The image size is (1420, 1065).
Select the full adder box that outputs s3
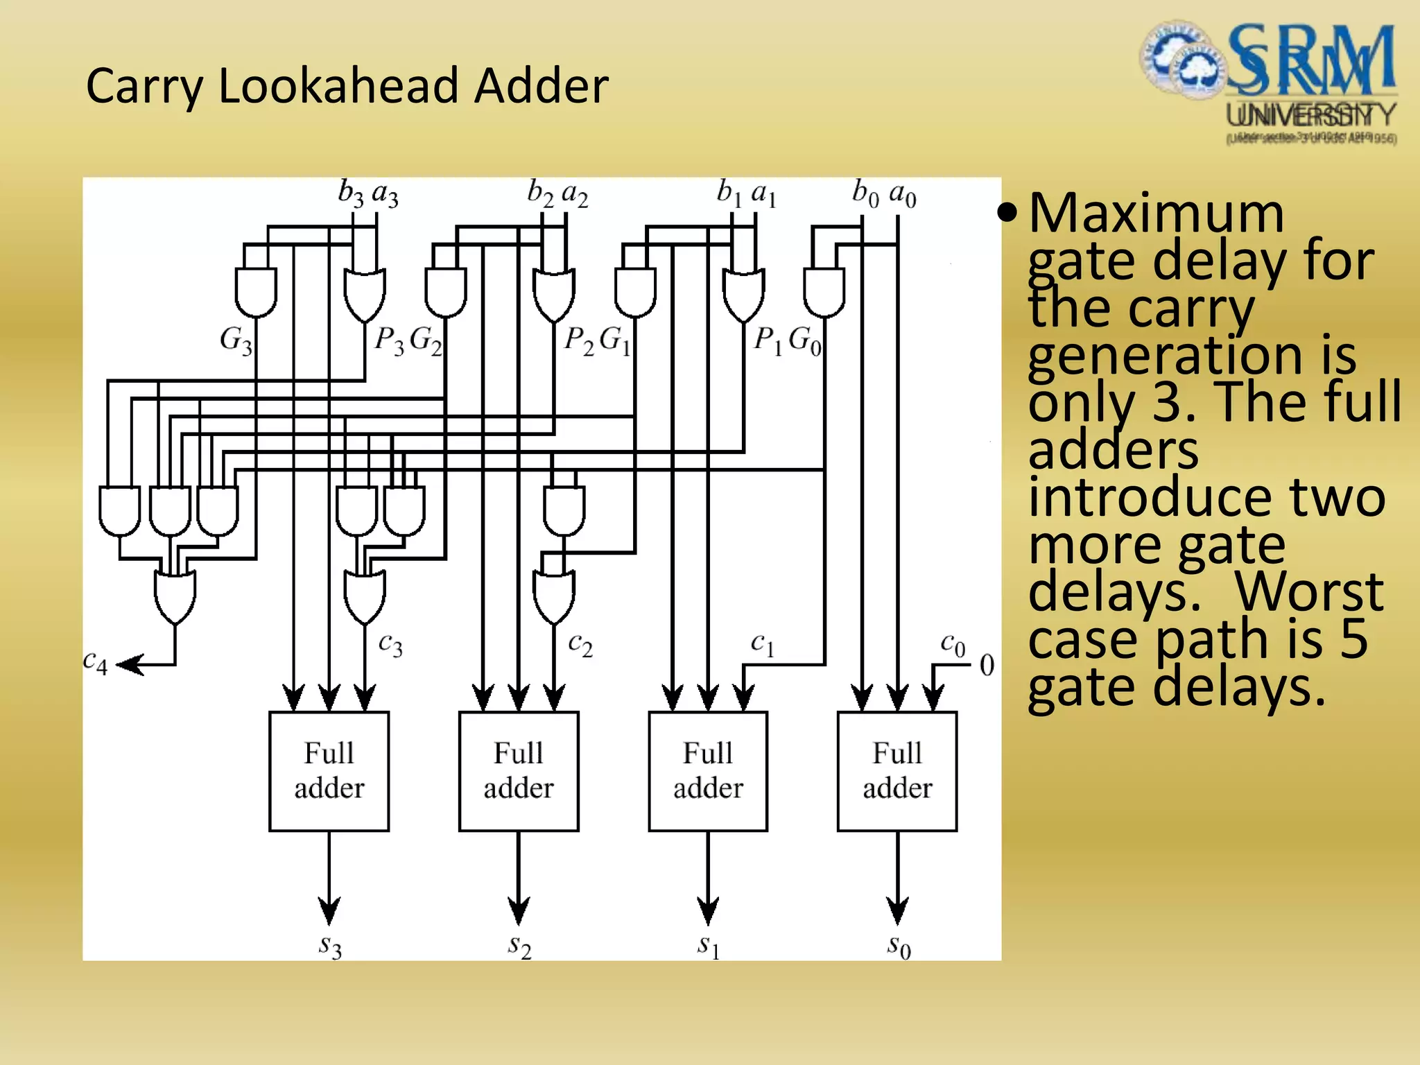(329, 771)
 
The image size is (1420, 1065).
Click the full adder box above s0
(897, 771)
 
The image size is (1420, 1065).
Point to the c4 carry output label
(95, 662)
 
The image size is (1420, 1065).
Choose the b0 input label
(865, 193)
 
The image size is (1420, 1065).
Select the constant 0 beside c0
(987, 666)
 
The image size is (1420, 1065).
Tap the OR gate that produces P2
(553, 295)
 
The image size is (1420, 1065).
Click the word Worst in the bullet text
(1309, 591)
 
